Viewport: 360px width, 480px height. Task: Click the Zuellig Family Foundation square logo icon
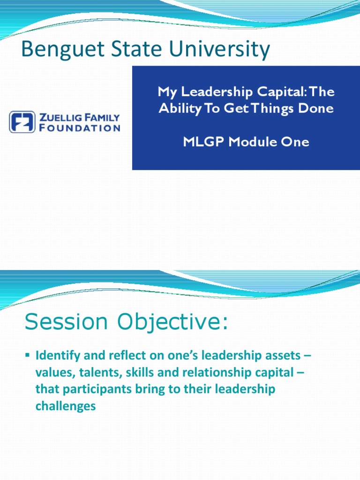pos(22,122)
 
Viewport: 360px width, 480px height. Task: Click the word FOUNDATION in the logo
pos(80,127)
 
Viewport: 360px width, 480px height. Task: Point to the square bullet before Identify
pos(27,356)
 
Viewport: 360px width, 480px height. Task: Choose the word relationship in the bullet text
pos(208,373)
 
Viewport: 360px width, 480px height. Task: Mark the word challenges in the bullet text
pos(66,406)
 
